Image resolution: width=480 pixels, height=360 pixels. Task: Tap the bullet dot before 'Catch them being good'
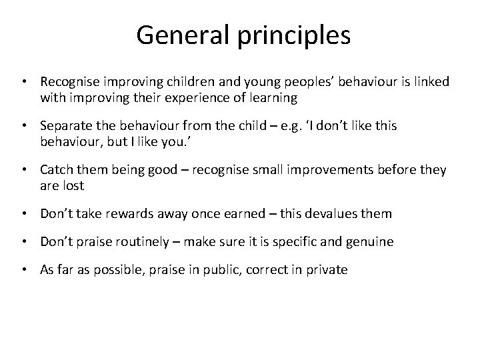tap(25, 170)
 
